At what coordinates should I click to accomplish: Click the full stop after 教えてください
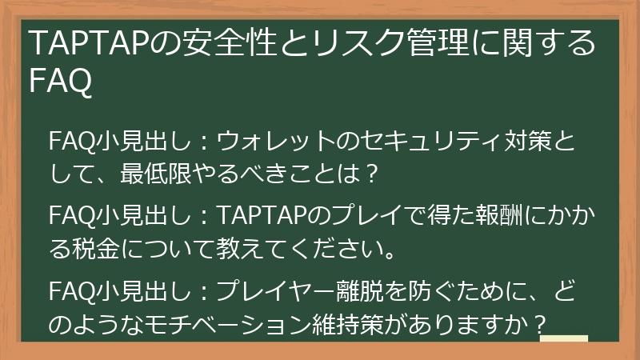click(x=390, y=255)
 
